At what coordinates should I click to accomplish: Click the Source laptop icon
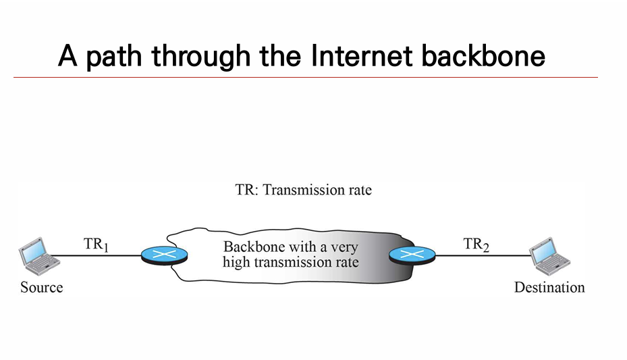coord(34,253)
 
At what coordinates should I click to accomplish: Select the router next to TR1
coord(164,255)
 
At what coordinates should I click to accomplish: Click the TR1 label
coord(97,245)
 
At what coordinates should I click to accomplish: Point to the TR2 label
coord(476,245)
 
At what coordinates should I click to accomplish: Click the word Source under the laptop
coord(41,287)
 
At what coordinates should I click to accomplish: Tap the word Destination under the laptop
coord(549,287)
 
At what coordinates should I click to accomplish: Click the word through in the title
coord(200,57)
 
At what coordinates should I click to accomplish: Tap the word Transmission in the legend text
coord(302,190)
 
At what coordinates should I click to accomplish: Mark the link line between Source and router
coord(94,256)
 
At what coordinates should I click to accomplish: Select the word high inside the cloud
coord(236,261)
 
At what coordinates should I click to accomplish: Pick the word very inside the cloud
coord(344,247)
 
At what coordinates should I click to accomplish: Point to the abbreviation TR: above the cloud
coord(246,190)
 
